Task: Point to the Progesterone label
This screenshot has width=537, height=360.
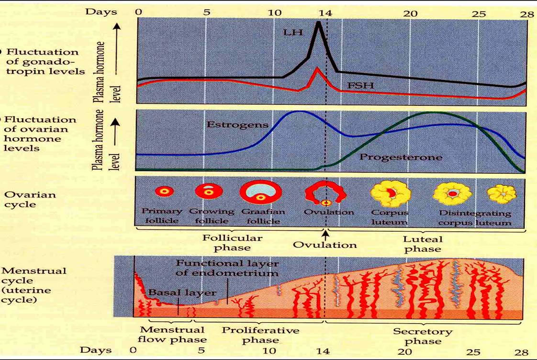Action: click(x=401, y=157)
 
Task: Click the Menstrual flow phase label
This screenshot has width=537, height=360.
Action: click(x=173, y=335)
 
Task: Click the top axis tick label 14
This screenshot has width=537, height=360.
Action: click(x=325, y=13)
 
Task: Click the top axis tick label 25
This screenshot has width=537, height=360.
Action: click(x=479, y=13)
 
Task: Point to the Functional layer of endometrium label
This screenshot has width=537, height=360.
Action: click(x=226, y=268)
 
